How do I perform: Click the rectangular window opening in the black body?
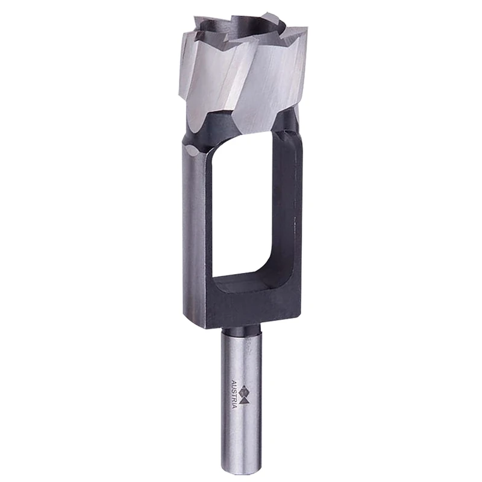[247, 205]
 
